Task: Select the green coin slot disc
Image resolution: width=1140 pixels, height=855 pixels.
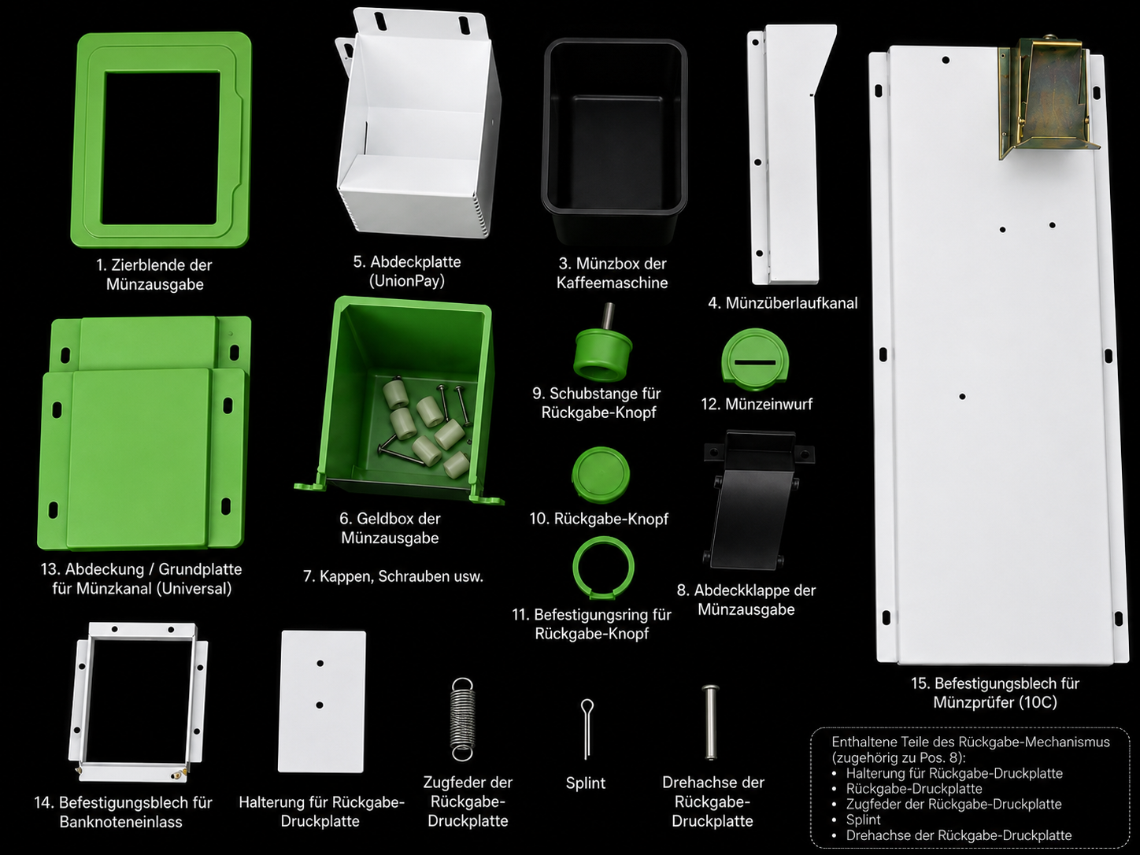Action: [755, 359]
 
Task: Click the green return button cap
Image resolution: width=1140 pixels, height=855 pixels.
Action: [601, 475]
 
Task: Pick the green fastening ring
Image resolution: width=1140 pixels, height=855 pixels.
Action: [575, 568]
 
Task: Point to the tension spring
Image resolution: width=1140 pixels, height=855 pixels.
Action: [462, 719]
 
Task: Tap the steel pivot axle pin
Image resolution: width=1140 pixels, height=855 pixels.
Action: [710, 722]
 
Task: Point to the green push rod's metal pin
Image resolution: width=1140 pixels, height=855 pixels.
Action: [607, 316]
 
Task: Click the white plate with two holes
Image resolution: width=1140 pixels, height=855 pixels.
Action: [322, 701]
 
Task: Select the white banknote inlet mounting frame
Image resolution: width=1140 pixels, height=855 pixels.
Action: [78, 701]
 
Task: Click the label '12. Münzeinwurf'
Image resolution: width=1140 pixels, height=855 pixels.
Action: [757, 404]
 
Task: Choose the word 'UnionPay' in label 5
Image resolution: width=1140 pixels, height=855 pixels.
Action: [407, 281]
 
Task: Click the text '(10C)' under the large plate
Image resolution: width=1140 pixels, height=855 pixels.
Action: [1038, 702]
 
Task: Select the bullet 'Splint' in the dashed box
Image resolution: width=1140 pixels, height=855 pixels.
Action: [863, 820]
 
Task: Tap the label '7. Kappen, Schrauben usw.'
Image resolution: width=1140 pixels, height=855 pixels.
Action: [393, 576]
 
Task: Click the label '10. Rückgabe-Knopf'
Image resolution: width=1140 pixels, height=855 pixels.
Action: [599, 519]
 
